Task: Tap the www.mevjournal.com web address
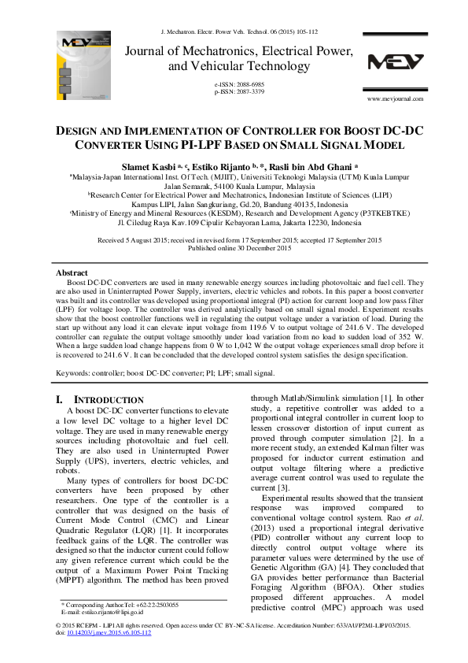396,98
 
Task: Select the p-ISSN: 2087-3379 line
239,91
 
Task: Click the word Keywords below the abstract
76,369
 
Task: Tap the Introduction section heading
107,400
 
